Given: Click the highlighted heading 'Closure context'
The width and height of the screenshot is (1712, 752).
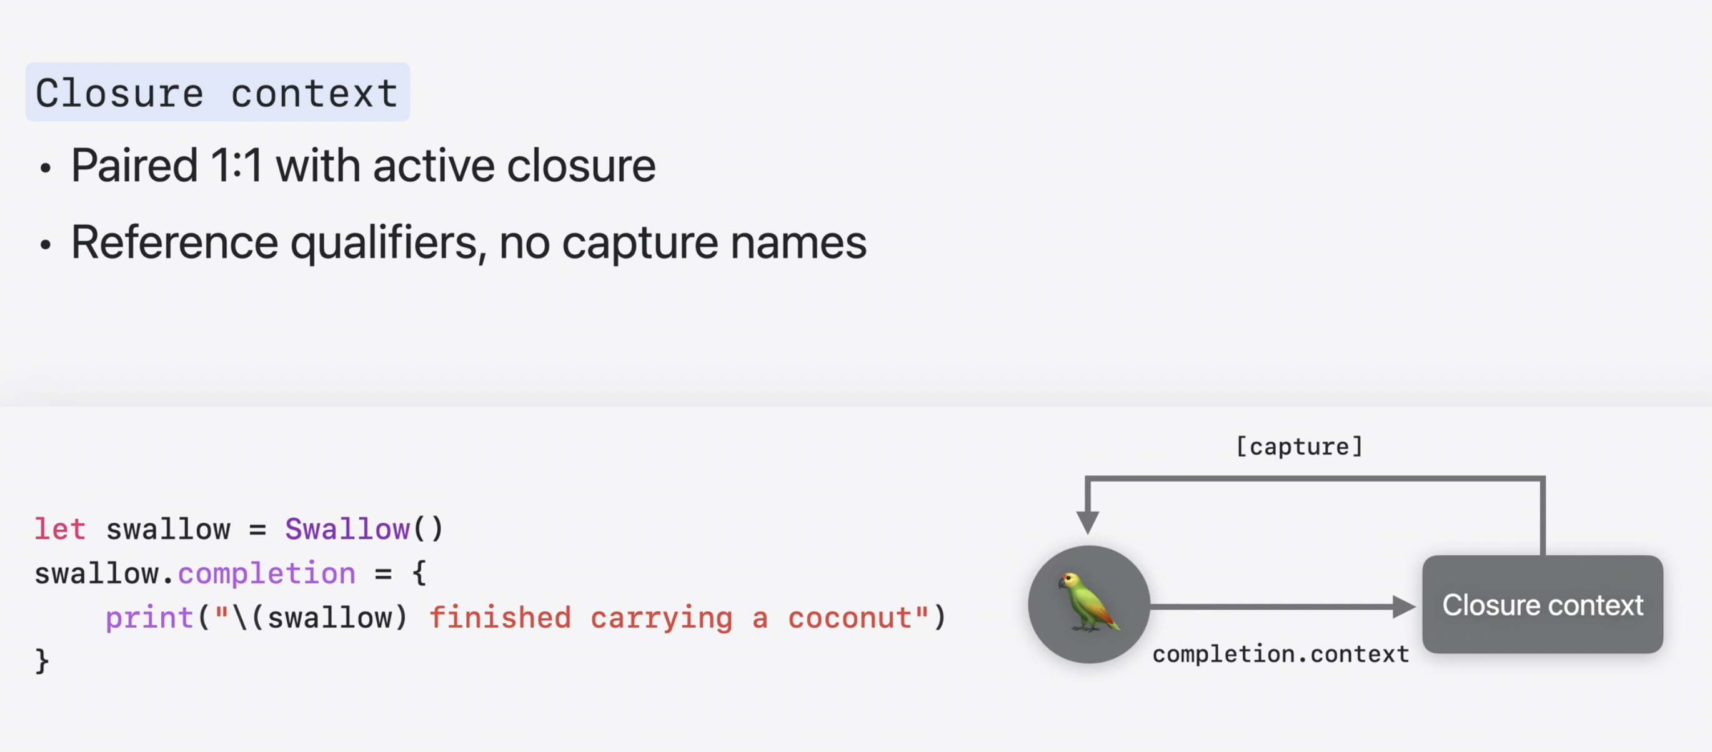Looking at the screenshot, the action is point(217,92).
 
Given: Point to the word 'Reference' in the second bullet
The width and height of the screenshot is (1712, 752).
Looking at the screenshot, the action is point(174,242).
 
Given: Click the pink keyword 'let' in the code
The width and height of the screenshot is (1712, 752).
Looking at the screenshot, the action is point(60,530).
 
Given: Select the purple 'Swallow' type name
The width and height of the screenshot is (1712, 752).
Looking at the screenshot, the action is point(347,530).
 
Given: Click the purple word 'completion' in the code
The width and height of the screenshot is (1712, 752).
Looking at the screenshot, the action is point(267,573).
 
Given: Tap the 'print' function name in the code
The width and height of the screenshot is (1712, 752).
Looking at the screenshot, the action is point(149,618).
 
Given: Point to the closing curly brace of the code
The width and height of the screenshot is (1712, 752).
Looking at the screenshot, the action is point(42,661).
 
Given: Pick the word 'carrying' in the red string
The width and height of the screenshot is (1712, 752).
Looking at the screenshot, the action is point(661,618).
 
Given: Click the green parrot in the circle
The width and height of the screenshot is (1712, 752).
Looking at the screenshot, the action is point(1088,603).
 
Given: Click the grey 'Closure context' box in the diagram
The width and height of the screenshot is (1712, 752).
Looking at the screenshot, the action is point(1542,605).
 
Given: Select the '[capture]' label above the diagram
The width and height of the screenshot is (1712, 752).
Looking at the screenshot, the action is point(1299,447).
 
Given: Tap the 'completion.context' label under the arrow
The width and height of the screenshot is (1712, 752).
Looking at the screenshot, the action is point(1281,655).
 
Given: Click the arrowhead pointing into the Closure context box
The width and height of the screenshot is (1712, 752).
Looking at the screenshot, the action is point(1402,606).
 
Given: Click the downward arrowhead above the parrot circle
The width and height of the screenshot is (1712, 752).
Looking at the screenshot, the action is point(1087,522).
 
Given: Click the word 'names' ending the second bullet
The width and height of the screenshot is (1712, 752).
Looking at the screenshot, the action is point(798,242).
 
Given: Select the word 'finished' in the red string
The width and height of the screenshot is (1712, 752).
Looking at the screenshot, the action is point(500,618).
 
